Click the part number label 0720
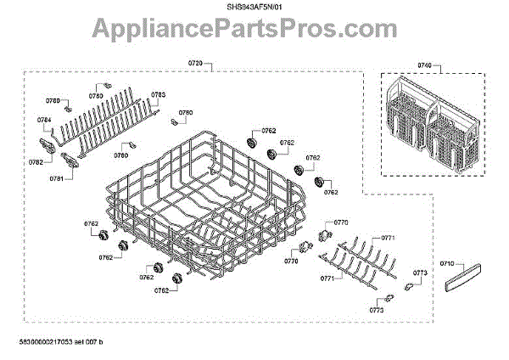197,65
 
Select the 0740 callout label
424,65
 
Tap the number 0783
159,94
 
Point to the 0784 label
44,120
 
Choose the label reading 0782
36,161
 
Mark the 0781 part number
56,179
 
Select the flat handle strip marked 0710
459,275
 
